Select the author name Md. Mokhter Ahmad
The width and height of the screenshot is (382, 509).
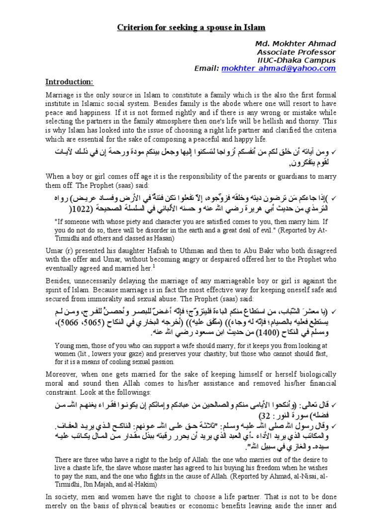296,44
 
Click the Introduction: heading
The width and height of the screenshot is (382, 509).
69,82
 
